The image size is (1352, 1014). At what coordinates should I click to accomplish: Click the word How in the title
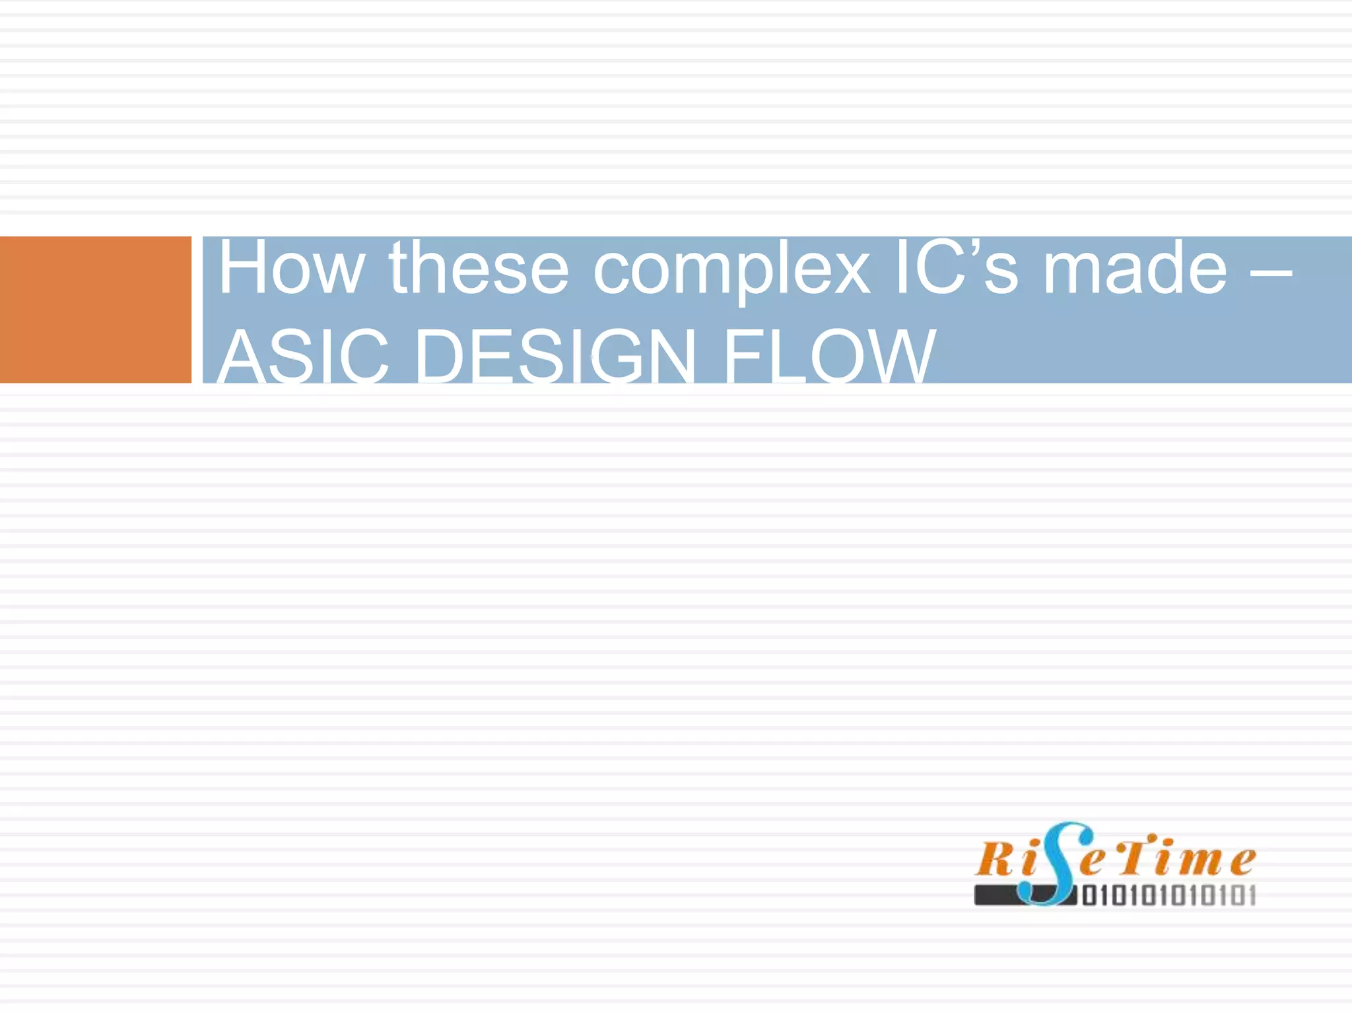pos(290,269)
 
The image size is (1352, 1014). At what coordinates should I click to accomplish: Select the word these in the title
pos(479,269)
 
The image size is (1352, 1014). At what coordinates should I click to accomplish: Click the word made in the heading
pos(1135,269)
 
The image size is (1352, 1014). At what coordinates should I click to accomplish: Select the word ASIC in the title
pos(303,356)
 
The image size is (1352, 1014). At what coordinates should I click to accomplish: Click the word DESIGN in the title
pos(555,356)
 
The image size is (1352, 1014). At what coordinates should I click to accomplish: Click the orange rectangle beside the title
pos(96,310)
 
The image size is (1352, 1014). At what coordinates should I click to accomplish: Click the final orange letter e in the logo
pos(1242,861)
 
